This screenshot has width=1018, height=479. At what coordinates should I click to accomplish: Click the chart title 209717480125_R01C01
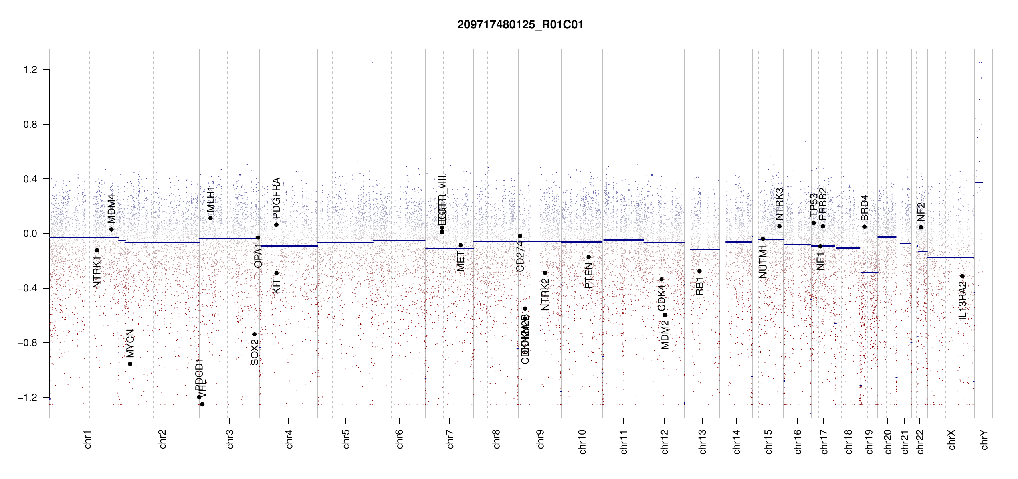[520, 25]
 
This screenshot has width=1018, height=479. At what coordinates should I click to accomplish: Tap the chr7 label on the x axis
[450, 439]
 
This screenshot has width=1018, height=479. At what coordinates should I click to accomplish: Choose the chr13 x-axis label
[703, 441]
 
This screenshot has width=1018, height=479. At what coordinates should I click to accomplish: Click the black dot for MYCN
[130, 364]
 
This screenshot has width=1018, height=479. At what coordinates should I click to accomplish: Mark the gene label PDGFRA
[276, 198]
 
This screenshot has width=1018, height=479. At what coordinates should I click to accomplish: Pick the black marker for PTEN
[588, 257]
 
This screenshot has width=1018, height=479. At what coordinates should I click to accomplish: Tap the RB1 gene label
[699, 286]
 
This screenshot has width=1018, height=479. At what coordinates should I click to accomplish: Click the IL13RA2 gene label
[963, 301]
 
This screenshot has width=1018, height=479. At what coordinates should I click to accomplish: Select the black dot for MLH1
[210, 218]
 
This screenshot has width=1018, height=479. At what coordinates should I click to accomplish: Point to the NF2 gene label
[921, 212]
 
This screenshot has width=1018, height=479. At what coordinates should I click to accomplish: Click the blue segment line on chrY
[979, 182]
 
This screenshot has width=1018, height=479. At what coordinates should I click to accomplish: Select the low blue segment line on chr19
[869, 272]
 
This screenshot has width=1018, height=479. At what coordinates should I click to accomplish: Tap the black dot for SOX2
[254, 334]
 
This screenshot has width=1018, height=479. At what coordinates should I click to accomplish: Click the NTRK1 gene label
[97, 272]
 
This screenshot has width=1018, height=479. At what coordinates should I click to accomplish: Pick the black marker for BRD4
[864, 227]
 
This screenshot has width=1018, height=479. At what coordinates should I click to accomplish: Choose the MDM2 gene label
[665, 337]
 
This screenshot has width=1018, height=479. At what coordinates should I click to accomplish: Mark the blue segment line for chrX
[950, 258]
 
